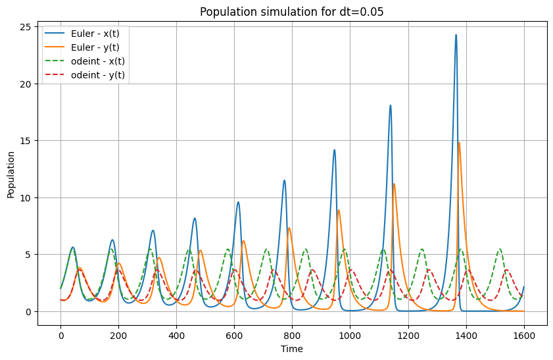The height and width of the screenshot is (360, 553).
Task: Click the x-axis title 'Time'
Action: coord(292,349)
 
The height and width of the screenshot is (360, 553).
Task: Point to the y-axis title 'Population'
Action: coord(11,175)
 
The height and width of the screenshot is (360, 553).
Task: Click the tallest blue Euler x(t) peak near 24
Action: coord(456,36)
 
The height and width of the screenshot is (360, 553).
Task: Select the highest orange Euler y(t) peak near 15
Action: coord(458,143)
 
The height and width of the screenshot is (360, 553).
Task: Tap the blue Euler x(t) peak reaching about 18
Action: coord(391,105)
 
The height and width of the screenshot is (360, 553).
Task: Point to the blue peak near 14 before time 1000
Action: coord(334,150)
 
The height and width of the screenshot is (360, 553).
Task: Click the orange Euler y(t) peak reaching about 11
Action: coord(394,184)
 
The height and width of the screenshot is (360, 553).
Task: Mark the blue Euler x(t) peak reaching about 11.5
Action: coord(284,180)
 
